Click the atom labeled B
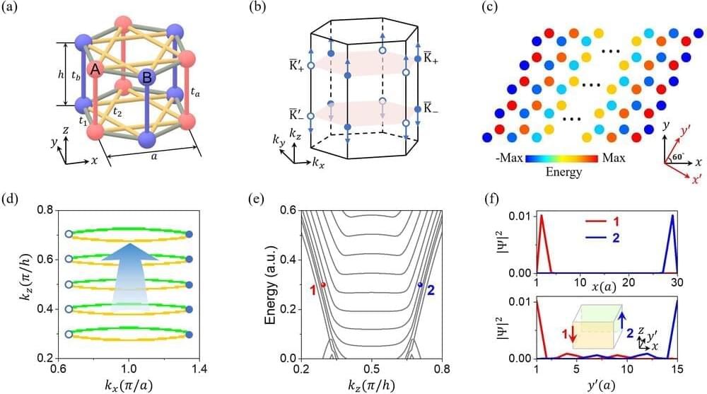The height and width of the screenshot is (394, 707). coord(146,77)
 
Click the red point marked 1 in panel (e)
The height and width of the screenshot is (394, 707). coord(323,285)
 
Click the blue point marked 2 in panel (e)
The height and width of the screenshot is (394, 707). coord(420,285)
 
